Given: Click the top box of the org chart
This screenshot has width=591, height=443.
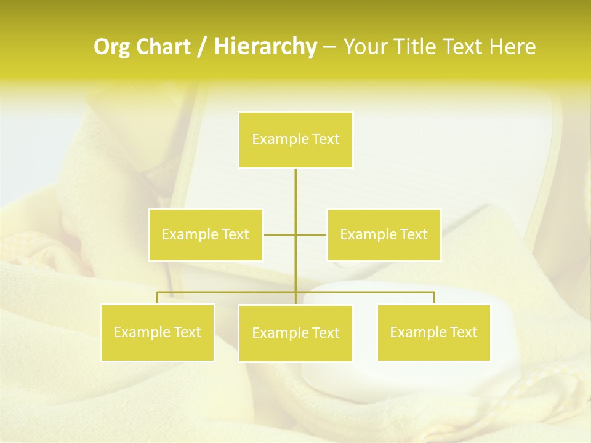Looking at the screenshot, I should (x=295, y=140).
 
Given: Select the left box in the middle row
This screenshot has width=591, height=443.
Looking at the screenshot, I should (x=206, y=234).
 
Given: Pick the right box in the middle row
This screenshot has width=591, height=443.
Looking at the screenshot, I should (x=384, y=234).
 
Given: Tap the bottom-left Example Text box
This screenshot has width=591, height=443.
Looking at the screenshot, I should (x=158, y=332).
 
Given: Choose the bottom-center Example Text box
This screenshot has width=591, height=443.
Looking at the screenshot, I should (x=295, y=333).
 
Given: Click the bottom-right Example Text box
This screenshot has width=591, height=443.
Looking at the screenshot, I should (x=433, y=332).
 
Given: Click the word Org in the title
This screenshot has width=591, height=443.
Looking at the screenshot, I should (x=112, y=47).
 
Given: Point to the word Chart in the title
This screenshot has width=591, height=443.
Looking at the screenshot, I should (x=162, y=47).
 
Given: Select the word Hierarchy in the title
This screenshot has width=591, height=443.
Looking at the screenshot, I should (x=265, y=47).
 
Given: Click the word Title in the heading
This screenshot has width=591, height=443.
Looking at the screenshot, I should (x=412, y=47).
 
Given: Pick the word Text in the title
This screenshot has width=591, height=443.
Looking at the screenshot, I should (x=462, y=47).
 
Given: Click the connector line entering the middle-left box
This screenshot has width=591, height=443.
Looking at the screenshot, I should (x=279, y=234).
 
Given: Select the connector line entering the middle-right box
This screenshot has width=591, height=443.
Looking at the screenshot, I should (x=312, y=234).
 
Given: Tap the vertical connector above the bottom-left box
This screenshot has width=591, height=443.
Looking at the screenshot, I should (x=158, y=298).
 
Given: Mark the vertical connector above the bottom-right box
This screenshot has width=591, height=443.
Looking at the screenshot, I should (x=433, y=298).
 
